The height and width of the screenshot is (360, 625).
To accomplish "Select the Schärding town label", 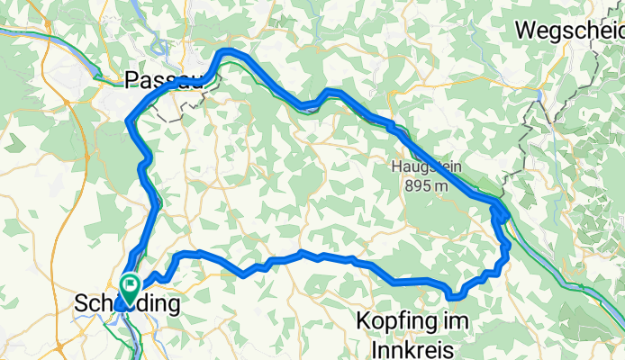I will pyautogui.click(x=126, y=305).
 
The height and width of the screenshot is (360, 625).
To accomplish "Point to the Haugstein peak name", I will pyautogui.click(x=420, y=166).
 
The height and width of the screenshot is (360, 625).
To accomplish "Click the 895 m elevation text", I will pyautogui.click(x=425, y=185).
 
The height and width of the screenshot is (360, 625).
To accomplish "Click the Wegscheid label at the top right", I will pyautogui.click(x=570, y=30).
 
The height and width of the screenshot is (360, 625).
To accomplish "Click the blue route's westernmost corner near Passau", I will pyautogui.click(x=130, y=120).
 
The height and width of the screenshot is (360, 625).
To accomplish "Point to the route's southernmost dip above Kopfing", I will pyautogui.click(x=454, y=295).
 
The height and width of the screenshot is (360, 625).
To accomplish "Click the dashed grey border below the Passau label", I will pyautogui.click(x=180, y=109).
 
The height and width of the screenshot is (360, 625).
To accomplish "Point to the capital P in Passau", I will pyautogui.click(x=131, y=79).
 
